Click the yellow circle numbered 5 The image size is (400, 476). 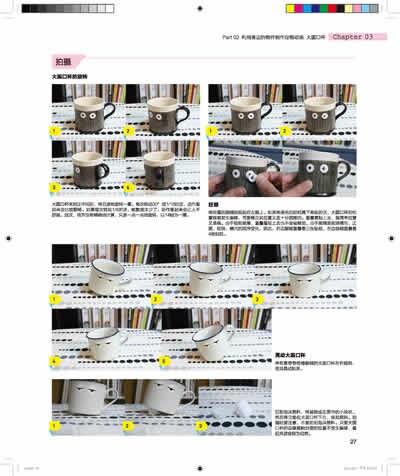click(159, 358)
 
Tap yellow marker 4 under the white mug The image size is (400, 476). click(56, 358)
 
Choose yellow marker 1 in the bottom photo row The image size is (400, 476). click(56, 425)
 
